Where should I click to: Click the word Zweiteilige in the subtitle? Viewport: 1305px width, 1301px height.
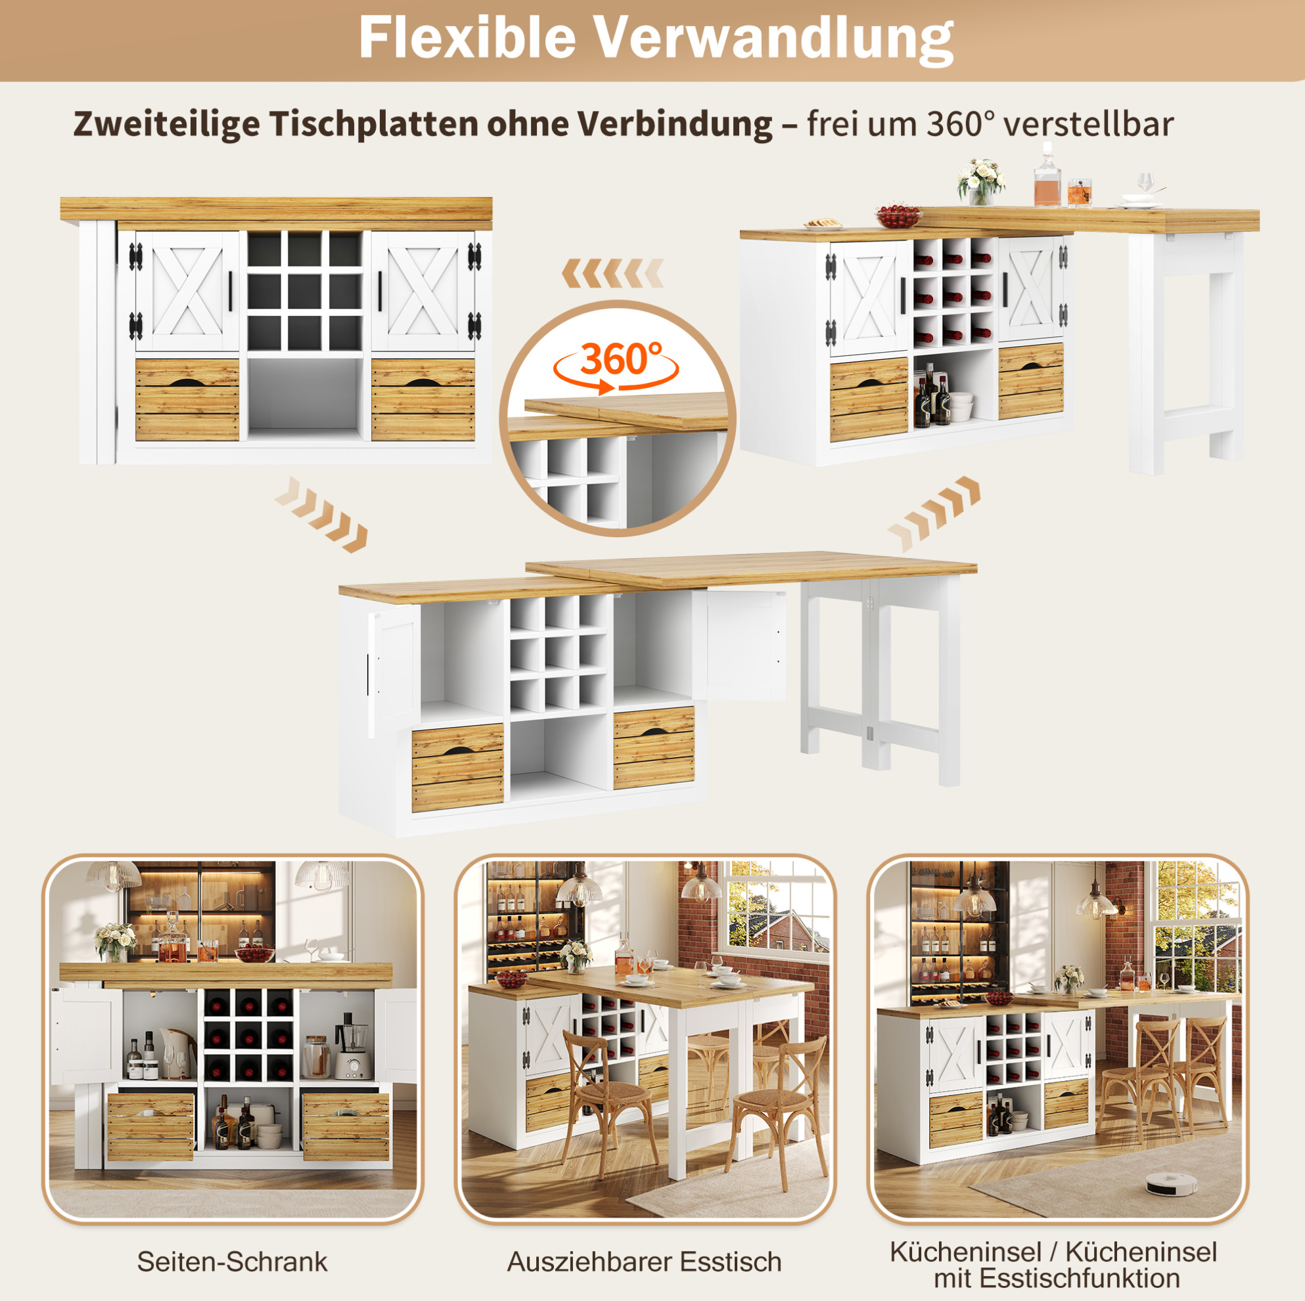click(x=166, y=125)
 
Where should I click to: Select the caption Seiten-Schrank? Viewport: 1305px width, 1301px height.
click(x=233, y=1261)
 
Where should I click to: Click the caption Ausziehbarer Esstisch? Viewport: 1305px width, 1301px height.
click(x=645, y=1261)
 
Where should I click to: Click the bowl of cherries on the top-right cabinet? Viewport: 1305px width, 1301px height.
click(x=898, y=215)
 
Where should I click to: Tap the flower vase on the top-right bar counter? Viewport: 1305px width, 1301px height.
click(x=980, y=181)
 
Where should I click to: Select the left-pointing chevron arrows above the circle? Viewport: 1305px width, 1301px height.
click(x=612, y=275)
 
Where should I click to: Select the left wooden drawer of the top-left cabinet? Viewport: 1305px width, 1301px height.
click(x=187, y=400)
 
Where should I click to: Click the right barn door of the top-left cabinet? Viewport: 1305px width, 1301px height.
click(x=423, y=291)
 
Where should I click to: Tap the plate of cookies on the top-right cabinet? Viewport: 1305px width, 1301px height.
click(x=823, y=224)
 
